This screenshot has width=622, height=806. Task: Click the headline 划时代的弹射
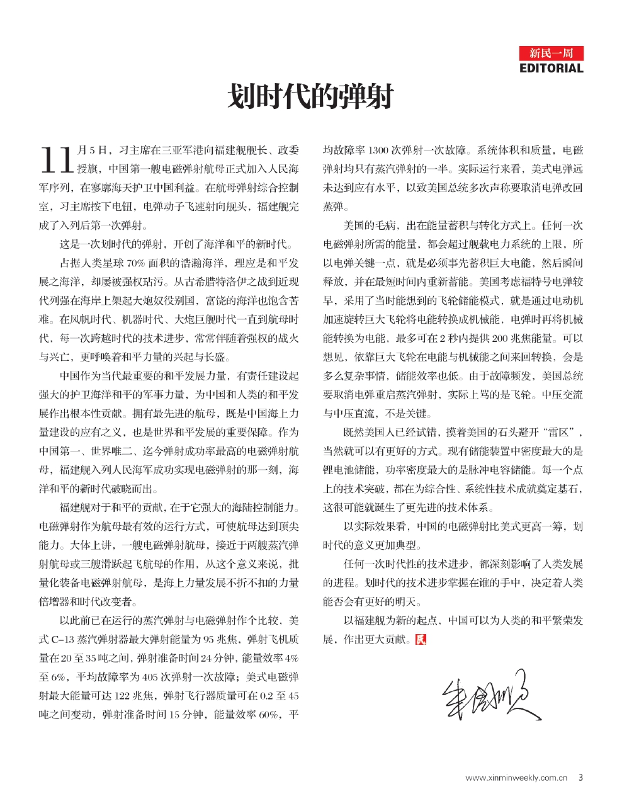pyautogui.click(x=310, y=96)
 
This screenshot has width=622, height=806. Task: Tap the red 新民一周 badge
pyautogui.click(x=551, y=54)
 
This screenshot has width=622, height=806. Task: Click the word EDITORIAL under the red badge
pyautogui.click(x=551, y=68)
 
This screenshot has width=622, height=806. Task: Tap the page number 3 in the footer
pyautogui.click(x=580, y=778)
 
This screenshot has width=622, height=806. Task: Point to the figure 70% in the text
pyautogui.click(x=136, y=263)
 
